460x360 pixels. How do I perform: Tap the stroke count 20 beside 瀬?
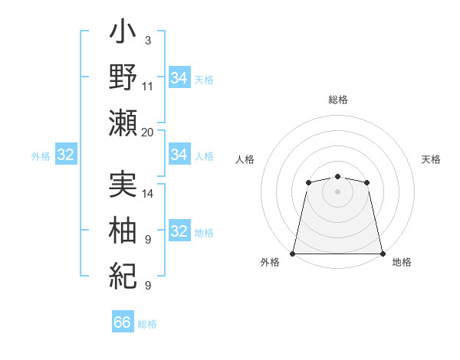coord(148,132)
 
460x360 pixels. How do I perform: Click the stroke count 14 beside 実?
coord(148,194)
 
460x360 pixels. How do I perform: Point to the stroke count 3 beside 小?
coord(148,39)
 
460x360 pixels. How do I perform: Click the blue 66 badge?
coord(122,322)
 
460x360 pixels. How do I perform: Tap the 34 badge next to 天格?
coord(179,78)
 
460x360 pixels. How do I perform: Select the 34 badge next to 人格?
coord(179,155)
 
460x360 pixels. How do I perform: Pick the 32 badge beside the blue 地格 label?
coord(179,231)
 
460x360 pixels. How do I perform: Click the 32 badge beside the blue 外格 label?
coord(65,155)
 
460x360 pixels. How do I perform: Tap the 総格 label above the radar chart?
coord(337,100)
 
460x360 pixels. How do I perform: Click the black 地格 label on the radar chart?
coord(402,262)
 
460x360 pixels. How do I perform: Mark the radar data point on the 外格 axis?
coord(293,253)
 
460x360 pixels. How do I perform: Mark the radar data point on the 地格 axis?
coord(382,253)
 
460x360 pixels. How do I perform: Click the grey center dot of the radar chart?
coord(337,191)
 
